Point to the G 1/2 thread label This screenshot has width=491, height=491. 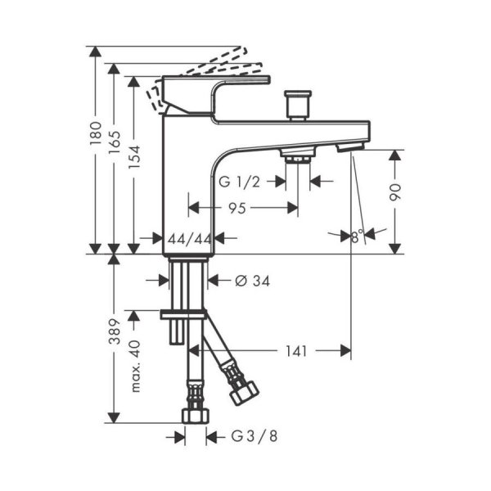click(239, 181)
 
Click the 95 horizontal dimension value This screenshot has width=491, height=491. click(237, 209)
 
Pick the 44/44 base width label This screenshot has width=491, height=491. click(189, 238)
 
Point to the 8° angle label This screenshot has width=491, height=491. click(355, 236)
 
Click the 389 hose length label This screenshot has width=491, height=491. click(115, 331)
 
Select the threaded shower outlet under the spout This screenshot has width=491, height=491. click(297, 154)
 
